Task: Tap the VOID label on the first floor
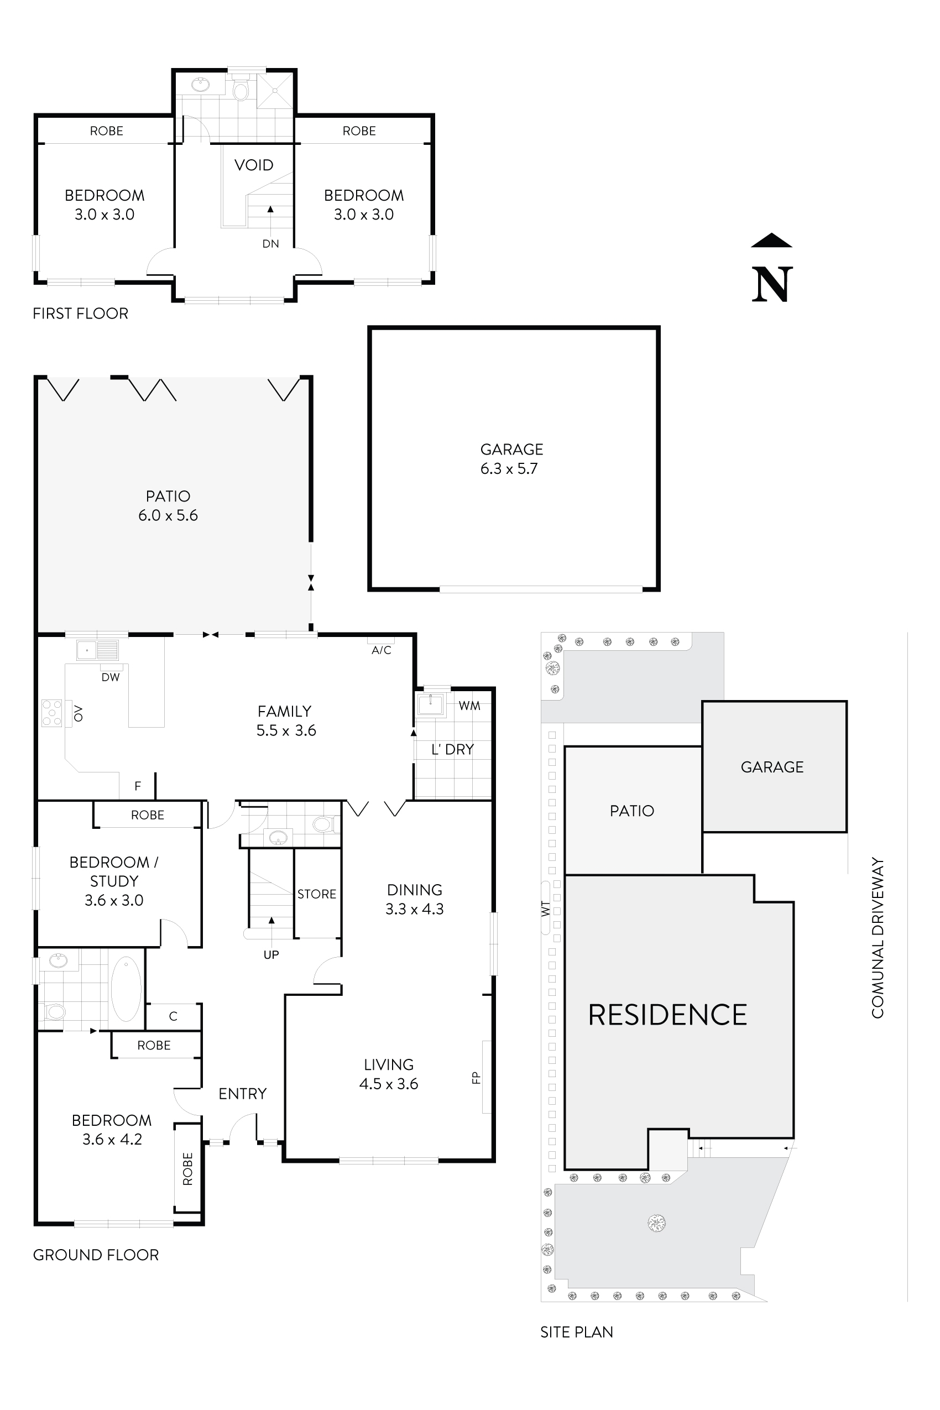254,165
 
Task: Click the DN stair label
270,243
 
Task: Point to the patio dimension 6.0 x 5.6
168,515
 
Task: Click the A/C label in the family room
382,650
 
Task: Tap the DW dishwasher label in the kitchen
110,677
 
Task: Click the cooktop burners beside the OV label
51,713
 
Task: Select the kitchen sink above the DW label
97,650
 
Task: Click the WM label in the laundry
469,706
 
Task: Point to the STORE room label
316,894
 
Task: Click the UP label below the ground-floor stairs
271,954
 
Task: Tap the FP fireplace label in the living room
477,1077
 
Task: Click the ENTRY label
242,1094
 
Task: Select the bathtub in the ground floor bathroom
126,989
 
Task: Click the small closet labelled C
173,1016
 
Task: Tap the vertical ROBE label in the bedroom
187,1168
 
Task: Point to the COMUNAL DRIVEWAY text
878,938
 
